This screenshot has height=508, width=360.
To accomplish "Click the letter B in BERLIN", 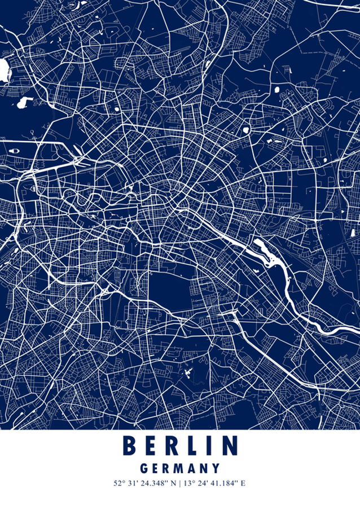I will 130,446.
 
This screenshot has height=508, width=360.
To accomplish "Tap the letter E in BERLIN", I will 150,446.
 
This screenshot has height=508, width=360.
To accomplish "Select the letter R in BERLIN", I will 172,446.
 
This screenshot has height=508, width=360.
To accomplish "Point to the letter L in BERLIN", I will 192,446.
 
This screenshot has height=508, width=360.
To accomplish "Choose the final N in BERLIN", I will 229,446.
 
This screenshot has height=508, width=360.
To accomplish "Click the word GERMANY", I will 179,468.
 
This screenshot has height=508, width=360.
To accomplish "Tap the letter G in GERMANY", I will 143,468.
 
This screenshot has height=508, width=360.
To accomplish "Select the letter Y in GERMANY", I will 216,468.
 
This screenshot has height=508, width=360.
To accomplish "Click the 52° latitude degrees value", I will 118,484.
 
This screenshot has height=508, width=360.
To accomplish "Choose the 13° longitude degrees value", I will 189,484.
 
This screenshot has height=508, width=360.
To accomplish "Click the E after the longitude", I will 243,484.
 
